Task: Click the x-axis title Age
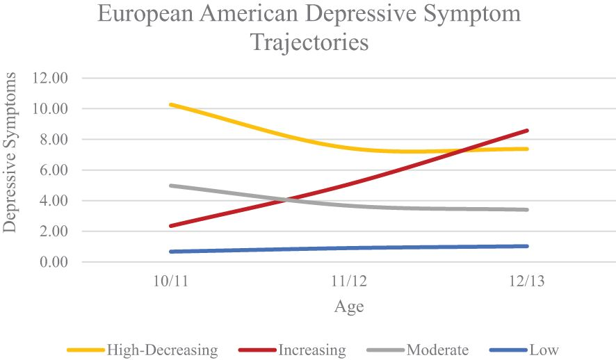pos(349,306)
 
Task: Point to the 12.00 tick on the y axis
pos(50,78)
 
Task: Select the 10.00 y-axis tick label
pos(50,109)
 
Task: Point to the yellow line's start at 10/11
pos(170,105)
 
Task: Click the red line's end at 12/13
pos(528,131)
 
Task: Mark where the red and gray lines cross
pos(284,200)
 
